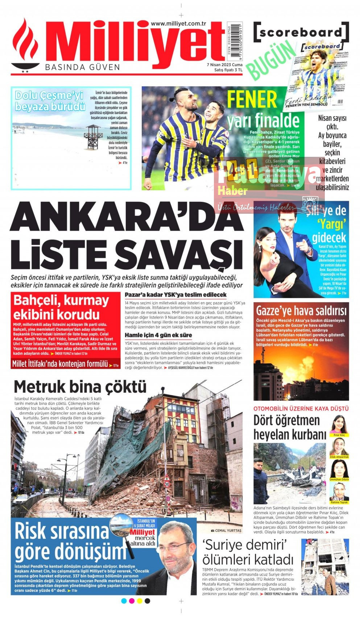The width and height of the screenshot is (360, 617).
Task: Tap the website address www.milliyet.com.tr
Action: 178,24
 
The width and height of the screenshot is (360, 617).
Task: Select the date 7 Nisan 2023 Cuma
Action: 224,65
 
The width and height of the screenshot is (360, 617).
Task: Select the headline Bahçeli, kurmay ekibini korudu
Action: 61,307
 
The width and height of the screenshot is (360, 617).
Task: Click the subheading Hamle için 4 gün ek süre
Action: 158,335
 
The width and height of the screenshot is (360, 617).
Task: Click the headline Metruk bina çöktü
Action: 80,387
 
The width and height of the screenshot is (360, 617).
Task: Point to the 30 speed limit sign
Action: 166,484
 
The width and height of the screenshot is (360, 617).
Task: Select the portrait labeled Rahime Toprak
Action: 339,491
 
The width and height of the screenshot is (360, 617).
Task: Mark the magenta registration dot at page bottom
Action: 132,601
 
